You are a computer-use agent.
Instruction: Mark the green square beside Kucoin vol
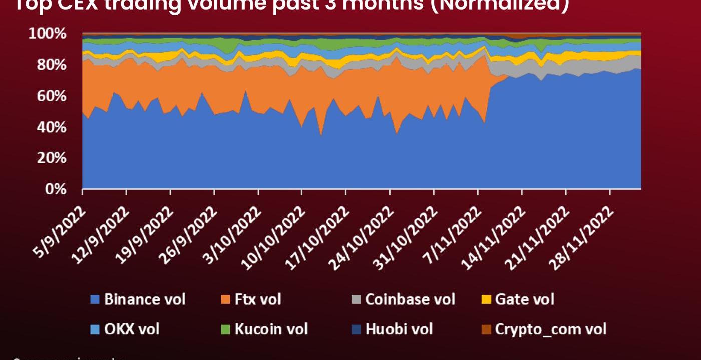click(x=225, y=330)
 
